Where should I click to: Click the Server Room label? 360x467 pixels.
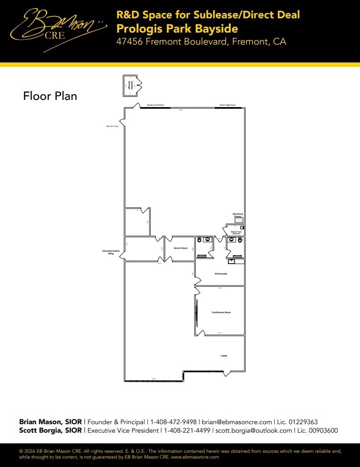click(x=181, y=248)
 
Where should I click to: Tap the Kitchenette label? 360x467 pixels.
click(x=221, y=274)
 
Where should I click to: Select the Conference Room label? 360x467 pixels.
click(x=221, y=313)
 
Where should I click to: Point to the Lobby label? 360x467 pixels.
click(x=224, y=356)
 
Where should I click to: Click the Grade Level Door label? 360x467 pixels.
click(x=156, y=105)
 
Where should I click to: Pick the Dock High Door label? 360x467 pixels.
click(x=228, y=105)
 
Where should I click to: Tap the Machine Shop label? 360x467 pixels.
click(x=112, y=126)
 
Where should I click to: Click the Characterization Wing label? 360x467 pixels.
click(x=111, y=252)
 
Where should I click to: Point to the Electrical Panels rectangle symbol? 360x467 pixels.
click(x=239, y=220)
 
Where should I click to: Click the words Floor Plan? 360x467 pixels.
click(x=50, y=96)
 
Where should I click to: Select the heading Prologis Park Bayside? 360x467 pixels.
click(x=177, y=29)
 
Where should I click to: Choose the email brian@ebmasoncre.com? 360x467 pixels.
click(x=237, y=422)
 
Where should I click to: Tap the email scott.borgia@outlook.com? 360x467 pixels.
click(x=253, y=431)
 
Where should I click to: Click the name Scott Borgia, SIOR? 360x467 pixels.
click(x=50, y=431)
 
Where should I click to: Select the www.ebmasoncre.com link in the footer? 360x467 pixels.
click(x=195, y=457)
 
